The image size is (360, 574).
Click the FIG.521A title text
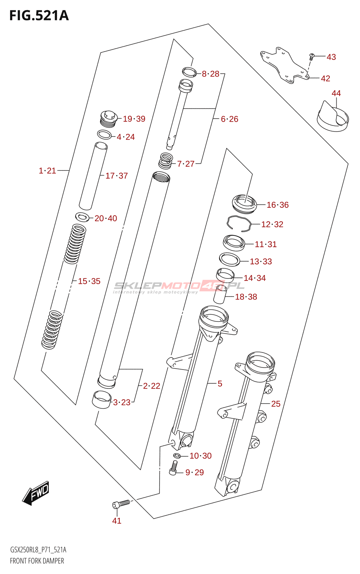(39, 15)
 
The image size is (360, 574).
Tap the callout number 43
(331, 57)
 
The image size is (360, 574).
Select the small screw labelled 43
(312, 56)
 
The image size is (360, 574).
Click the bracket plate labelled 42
(283, 65)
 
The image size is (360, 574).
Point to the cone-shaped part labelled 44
(333, 117)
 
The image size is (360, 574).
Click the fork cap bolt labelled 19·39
(108, 119)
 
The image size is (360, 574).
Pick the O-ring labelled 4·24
(104, 135)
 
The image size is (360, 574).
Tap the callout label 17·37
(117, 176)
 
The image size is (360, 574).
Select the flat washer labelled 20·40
(82, 217)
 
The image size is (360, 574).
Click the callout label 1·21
(47, 171)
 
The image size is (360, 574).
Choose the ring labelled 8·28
(189, 72)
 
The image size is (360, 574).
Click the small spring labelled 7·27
(166, 160)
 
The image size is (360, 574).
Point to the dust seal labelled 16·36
(245, 203)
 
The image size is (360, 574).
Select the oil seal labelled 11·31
(234, 243)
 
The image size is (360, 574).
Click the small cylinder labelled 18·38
(220, 294)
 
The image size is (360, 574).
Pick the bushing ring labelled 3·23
(102, 399)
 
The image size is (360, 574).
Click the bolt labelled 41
(121, 504)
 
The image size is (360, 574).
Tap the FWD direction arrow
(35, 493)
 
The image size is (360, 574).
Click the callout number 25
(275, 404)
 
